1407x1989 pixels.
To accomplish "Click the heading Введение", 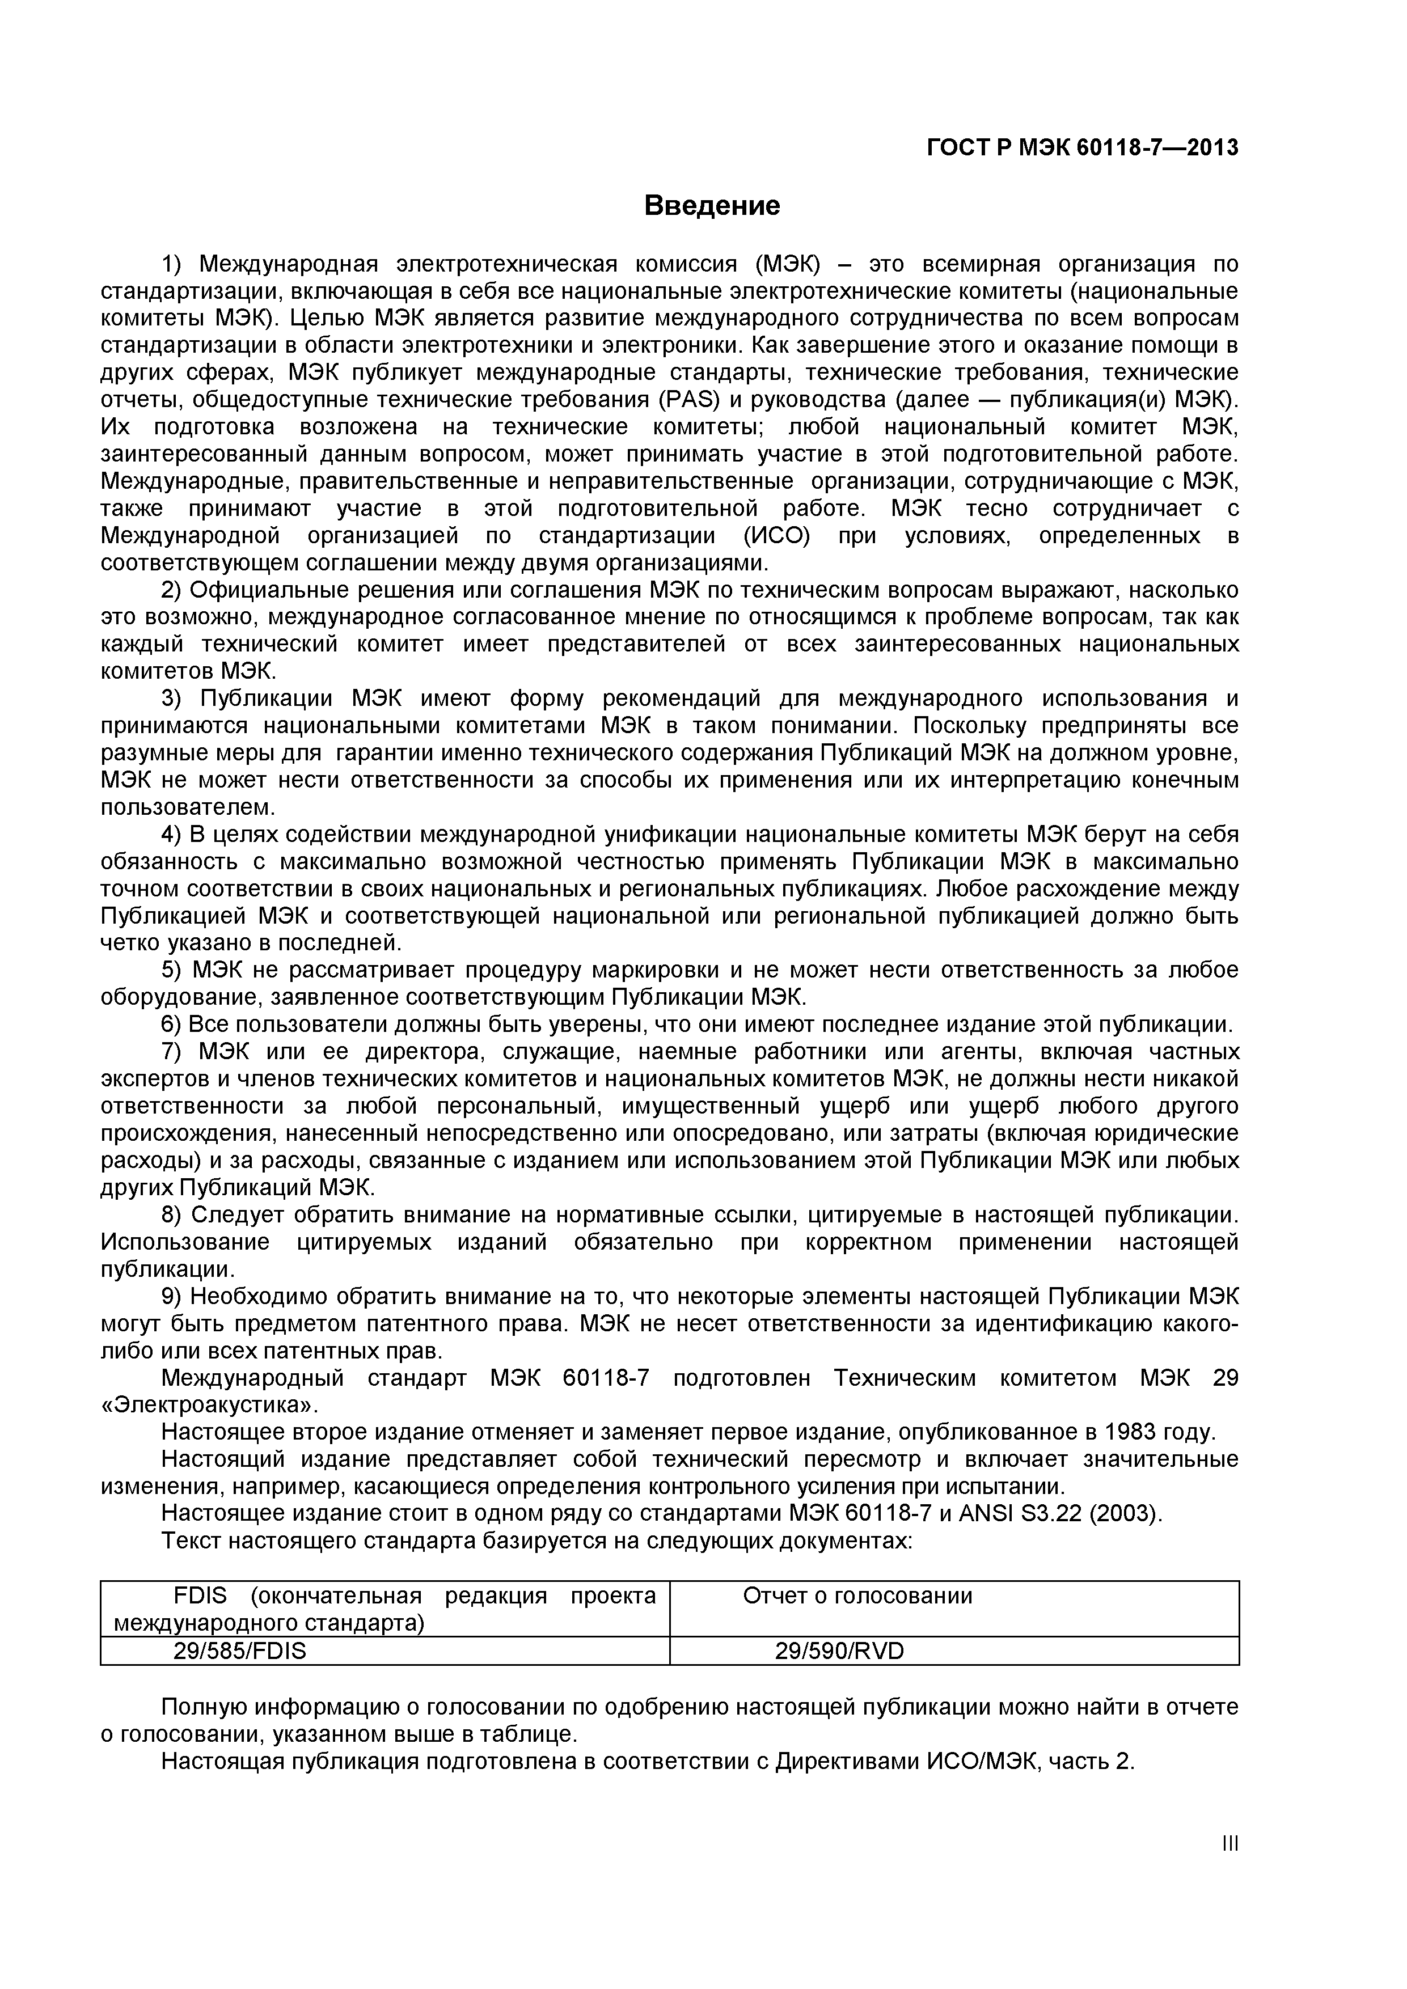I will click(x=711, y=206).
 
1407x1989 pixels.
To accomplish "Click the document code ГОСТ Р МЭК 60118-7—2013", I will click(x=1082, y=149).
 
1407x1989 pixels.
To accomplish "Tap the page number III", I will click(x=1230, y=1869).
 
